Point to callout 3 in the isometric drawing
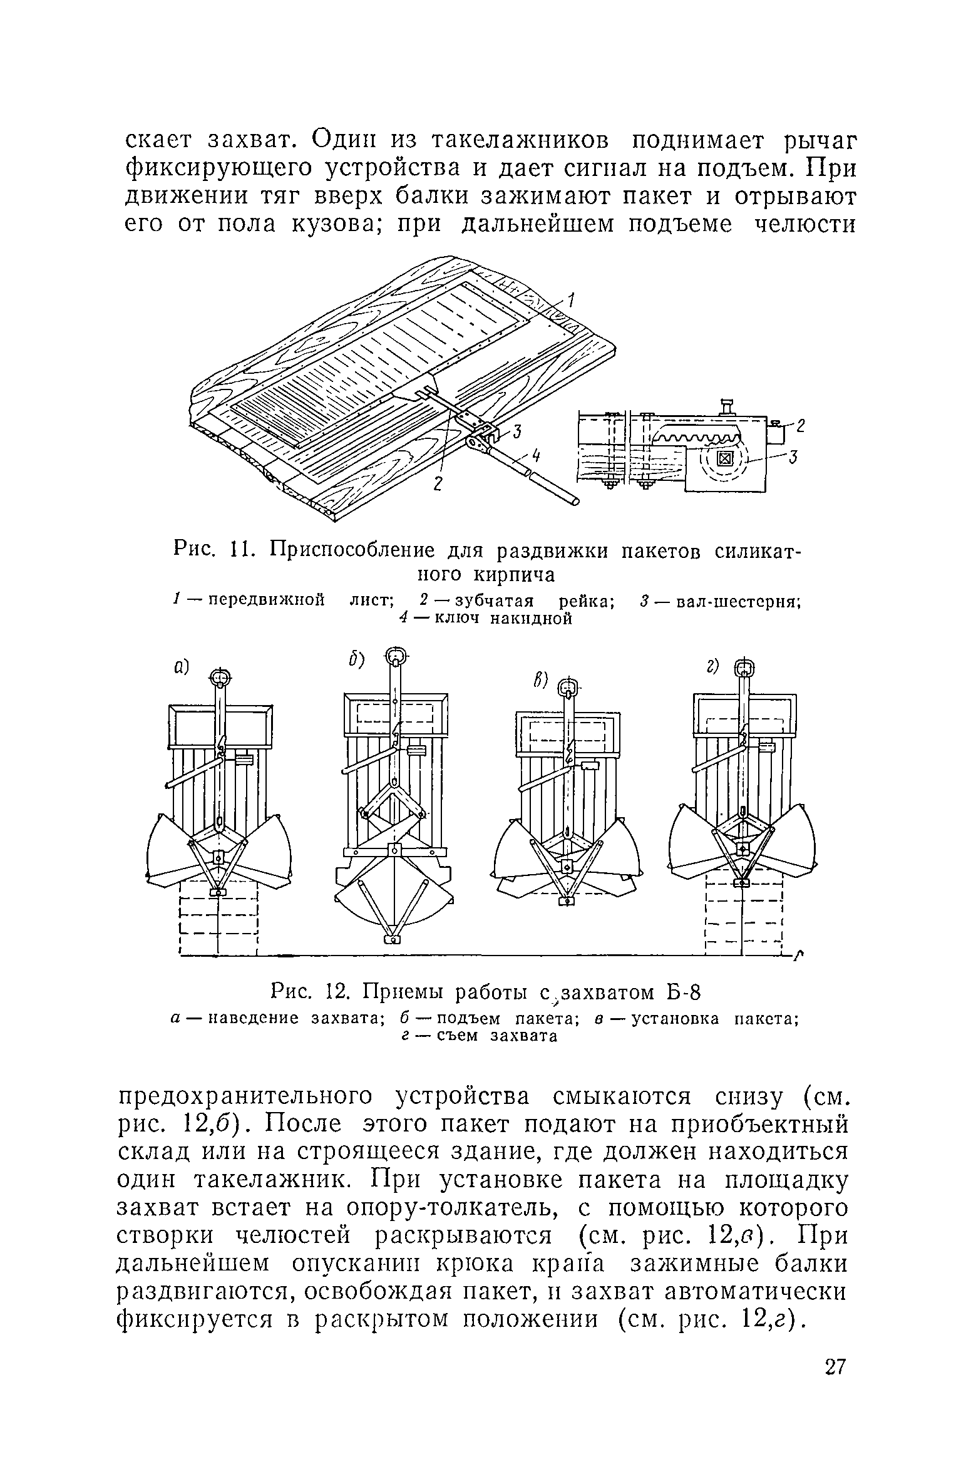517,432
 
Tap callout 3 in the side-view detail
792,459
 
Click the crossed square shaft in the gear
724,460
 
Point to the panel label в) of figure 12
540,680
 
